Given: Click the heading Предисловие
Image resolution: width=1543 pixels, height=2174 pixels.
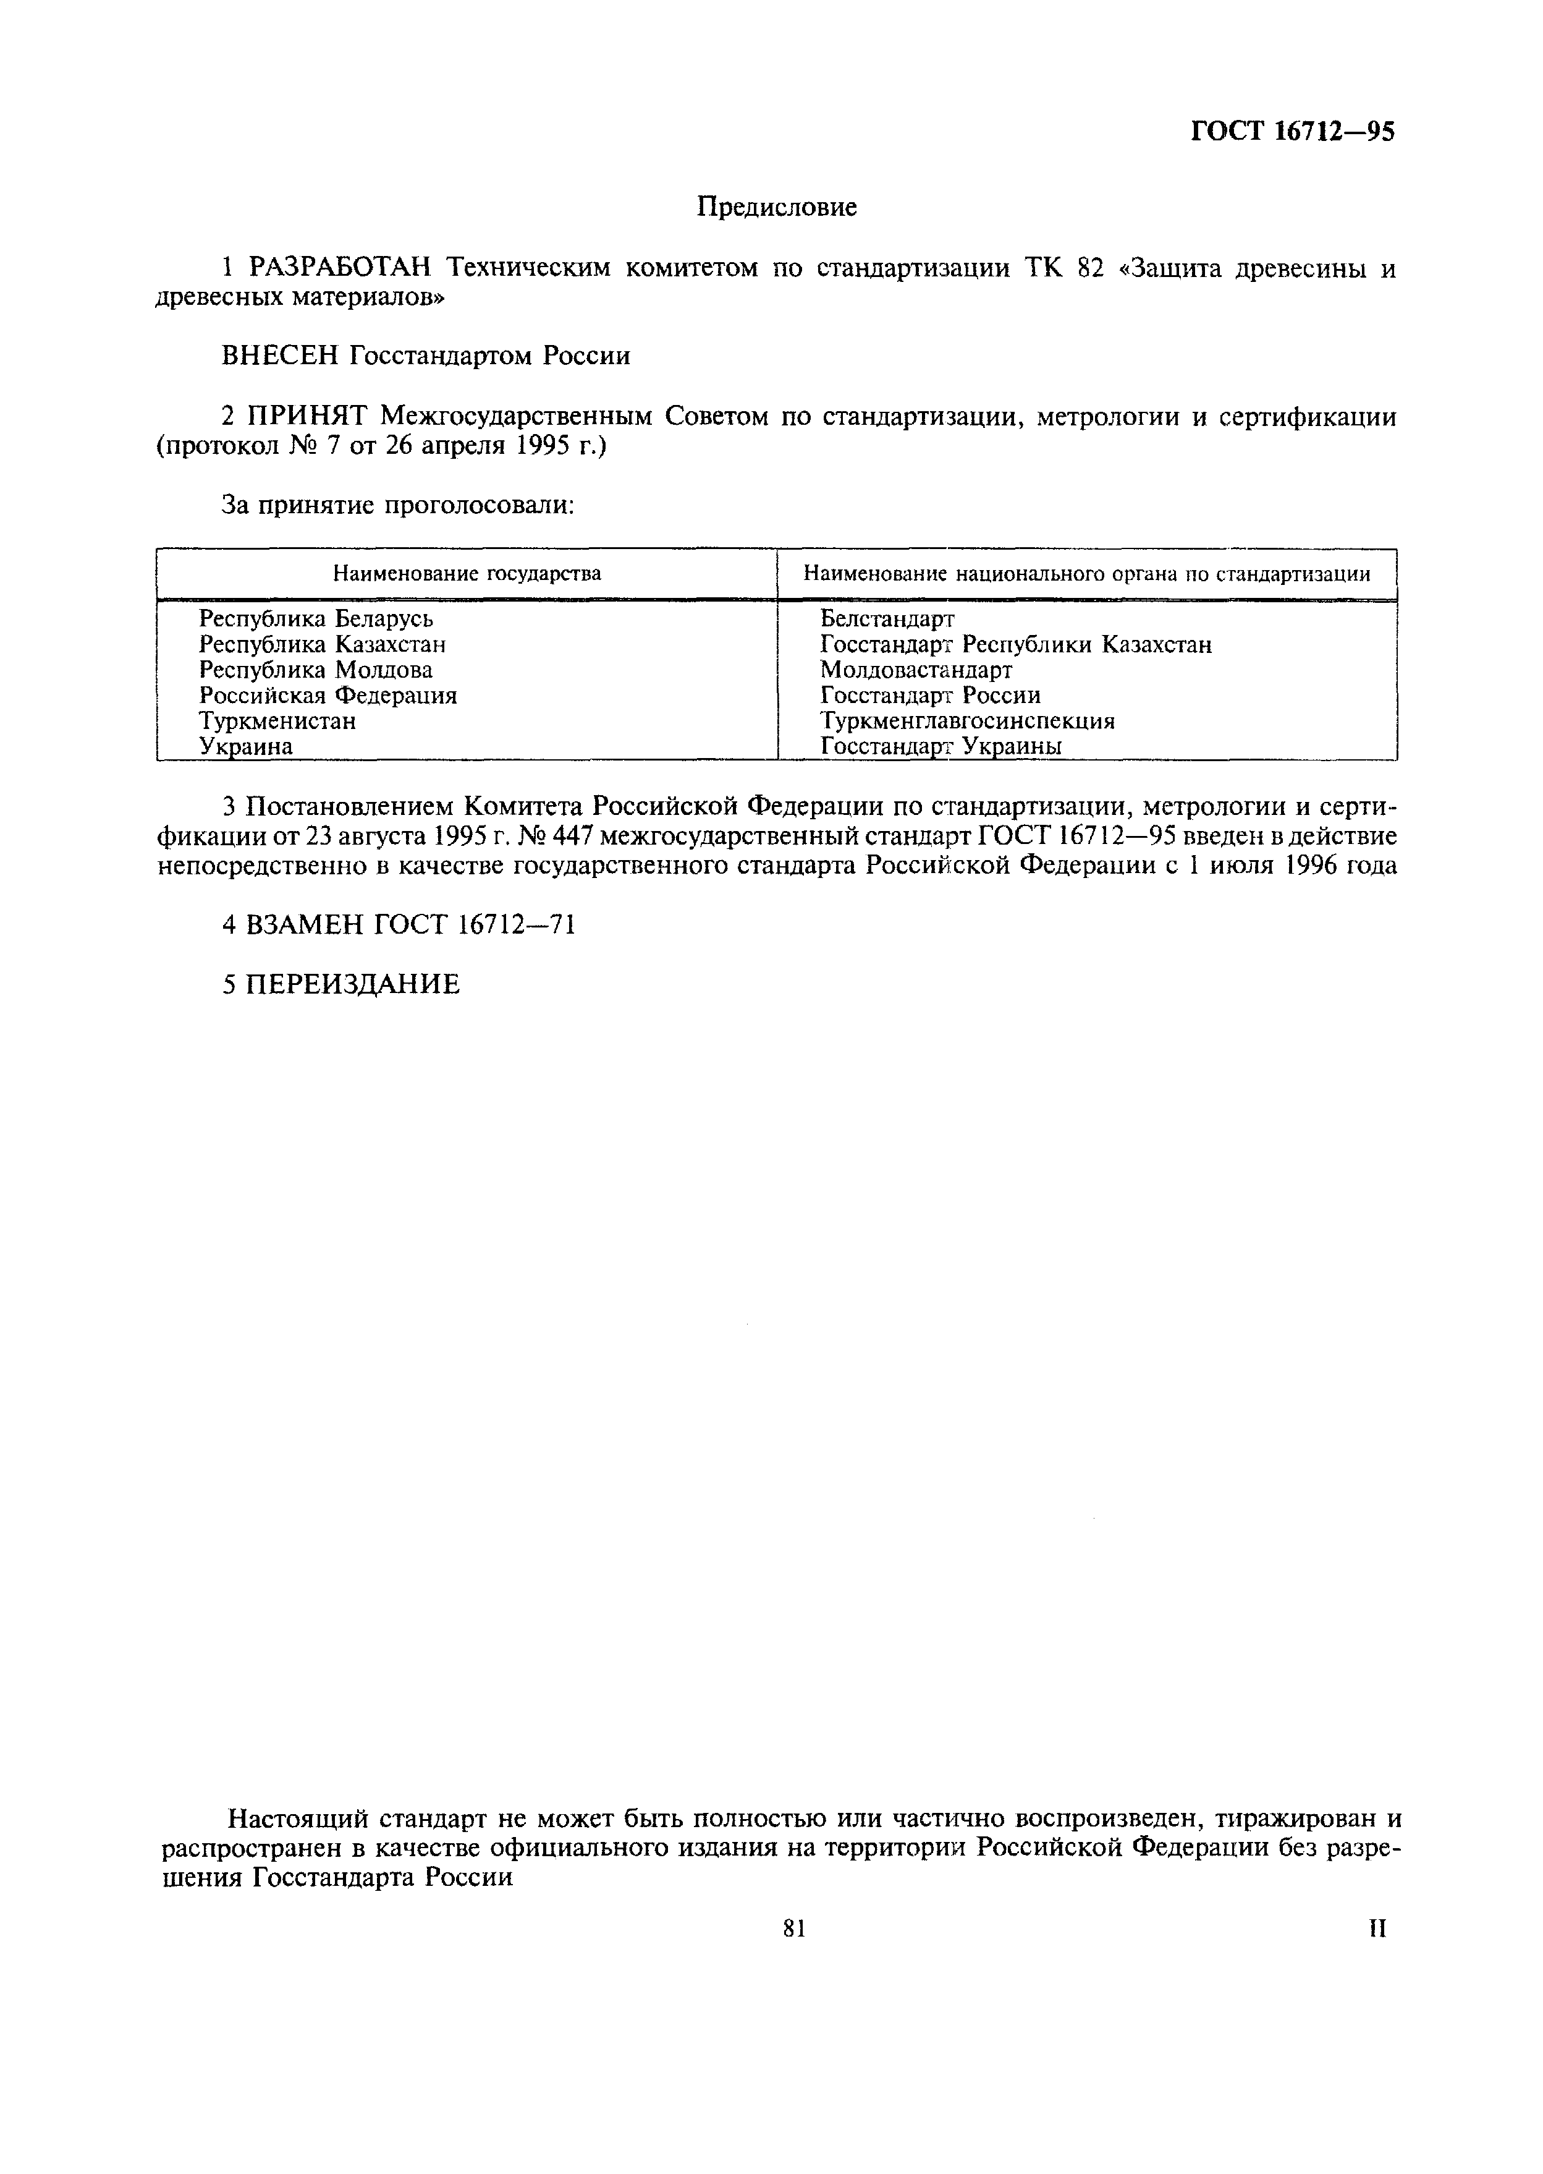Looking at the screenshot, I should [x=776, y=207].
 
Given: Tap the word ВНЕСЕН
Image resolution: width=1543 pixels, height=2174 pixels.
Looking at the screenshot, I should [x=281, y=357].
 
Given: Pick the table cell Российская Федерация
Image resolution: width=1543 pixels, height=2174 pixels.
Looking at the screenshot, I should [x=328, y=696].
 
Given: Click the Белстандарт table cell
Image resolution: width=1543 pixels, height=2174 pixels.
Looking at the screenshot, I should [x=887, y=620].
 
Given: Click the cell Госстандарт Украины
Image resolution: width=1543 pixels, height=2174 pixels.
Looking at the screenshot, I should [x=941, y=747].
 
